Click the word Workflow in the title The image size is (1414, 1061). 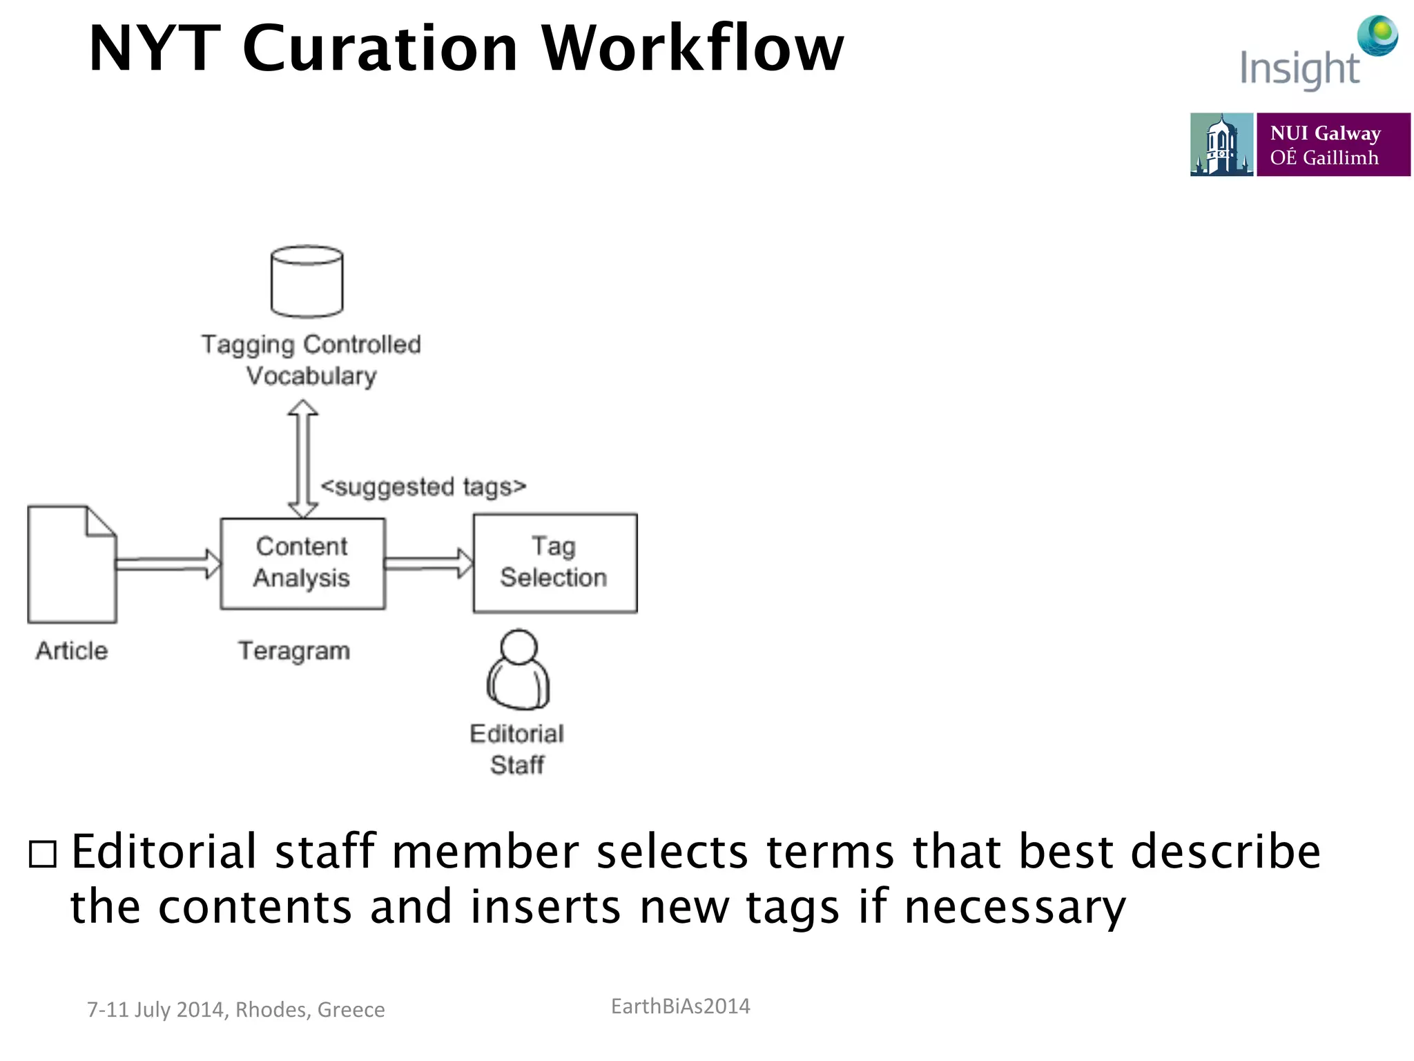[693, 48]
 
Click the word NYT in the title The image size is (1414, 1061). [155, 48]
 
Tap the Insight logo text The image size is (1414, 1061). [1299, 69]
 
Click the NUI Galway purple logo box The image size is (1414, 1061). [1333, 144]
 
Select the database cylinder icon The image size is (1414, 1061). [307, 282]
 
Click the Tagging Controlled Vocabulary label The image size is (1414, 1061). [311, 360]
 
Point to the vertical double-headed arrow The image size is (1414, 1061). [302, 459]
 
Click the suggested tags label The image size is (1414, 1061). [423, 487]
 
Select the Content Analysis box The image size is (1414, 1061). [302, 563]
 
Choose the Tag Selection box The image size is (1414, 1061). [554, 562]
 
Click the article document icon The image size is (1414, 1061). [72, 564]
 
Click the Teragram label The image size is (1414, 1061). [294, 651]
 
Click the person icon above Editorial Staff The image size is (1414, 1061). [519, 670]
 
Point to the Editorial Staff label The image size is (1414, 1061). [517, 749]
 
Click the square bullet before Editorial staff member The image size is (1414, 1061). [43, 854]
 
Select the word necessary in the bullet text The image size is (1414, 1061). [1015, 908]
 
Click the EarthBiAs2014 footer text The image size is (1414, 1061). [680, 1006]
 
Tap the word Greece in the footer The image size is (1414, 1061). [351, 1010]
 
